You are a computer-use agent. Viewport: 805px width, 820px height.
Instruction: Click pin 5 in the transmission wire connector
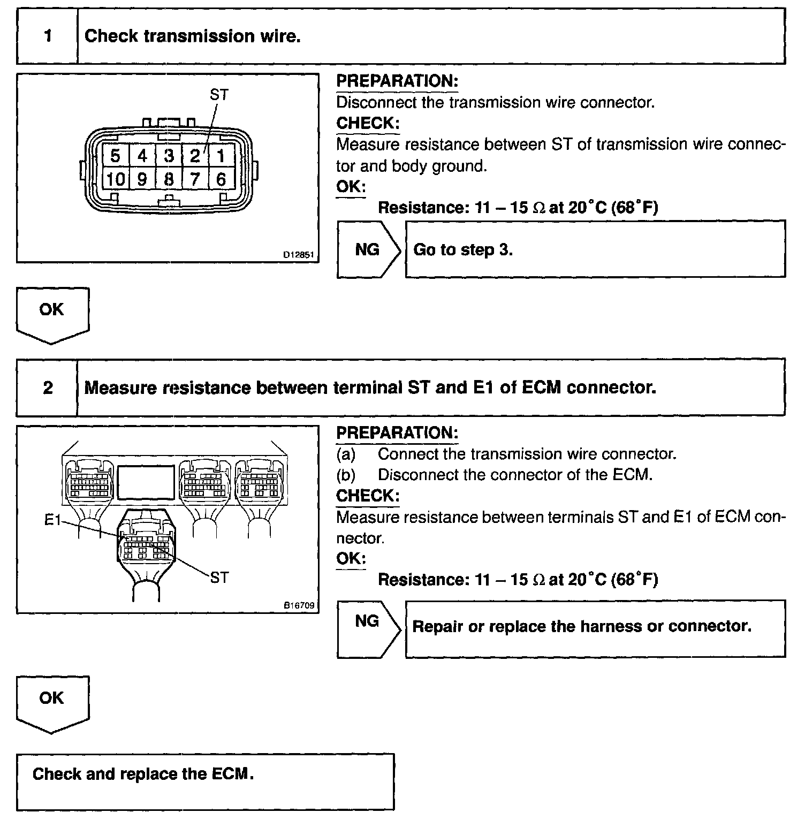click(x=115, y=156)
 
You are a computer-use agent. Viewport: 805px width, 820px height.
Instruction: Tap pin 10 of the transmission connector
click(x=115, y=179)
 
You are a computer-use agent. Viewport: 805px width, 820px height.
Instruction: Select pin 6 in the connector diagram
click(x=221, y=179)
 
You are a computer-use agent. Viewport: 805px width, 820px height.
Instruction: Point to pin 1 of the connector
click(x=221, y=156)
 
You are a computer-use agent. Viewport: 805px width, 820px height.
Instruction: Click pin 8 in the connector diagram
click(x=169, y=179)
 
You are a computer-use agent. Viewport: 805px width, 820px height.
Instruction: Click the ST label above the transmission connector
click(x=219, y=95)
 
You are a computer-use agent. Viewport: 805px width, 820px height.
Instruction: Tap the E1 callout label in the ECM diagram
click(x=52, y=520)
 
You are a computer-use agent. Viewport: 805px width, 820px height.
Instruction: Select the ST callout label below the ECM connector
click(x=219, y=578)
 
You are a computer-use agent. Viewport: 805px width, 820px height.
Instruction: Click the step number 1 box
click(x=48, y=36)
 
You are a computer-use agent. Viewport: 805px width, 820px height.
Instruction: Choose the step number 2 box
click(x=48, y=388)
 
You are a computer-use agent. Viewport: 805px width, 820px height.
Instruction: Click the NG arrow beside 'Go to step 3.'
click(x=368, y=249)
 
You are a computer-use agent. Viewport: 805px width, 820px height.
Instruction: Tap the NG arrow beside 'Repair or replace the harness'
click(x=368, y=621)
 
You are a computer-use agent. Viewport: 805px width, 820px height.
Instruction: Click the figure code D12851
click(x=299, y=255)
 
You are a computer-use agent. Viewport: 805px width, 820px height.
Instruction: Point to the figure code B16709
click(x=299, y=606)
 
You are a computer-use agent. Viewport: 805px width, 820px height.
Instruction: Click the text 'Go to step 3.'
click(x=463, y=250)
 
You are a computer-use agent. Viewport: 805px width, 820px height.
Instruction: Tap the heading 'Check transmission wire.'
click(x=193, y=36)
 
